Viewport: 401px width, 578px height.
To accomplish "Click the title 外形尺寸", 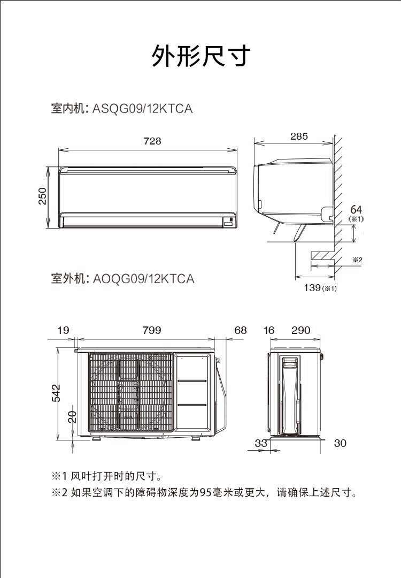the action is click(200, 56).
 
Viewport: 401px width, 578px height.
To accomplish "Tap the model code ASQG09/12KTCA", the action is click(142, 109).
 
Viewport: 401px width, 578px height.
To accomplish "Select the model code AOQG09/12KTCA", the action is click(143, 279).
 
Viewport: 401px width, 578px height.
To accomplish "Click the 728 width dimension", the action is click(152, 141).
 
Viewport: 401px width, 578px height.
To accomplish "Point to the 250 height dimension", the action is click(43, 196).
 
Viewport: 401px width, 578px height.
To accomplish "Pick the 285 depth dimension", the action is click(299, 136).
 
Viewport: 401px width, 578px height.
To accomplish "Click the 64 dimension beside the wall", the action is click(356, 209).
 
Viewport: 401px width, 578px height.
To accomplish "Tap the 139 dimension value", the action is click(312, 287).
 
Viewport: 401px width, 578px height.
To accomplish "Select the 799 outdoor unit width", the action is click(152, 330).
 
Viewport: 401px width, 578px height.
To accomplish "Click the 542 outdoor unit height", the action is click(56, 393).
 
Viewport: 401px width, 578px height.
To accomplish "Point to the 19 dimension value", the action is click(63, 330).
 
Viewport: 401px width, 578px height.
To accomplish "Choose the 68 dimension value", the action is click(241, 330).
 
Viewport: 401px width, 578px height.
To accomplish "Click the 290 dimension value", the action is click(301, 330).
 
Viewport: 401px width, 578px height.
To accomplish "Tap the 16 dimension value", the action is click(269, 330).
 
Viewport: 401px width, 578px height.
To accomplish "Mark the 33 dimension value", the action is click(261, 443).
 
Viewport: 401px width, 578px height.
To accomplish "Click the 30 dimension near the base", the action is click(340, 443).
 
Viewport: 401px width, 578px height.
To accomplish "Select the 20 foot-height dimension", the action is click(73, 416).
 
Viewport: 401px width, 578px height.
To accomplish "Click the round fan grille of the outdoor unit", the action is click(130, 393).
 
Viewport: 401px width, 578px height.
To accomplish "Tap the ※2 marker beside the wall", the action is click(358, 260).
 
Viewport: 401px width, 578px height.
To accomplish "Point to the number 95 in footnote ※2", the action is click(205, 492).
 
